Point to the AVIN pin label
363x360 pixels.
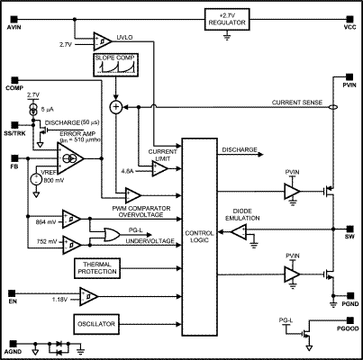point(14,29)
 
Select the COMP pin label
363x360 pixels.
point(14,88)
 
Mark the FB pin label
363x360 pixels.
point(13,166)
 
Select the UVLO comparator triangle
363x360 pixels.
point(100,40)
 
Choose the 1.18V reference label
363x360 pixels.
point(59,298)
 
